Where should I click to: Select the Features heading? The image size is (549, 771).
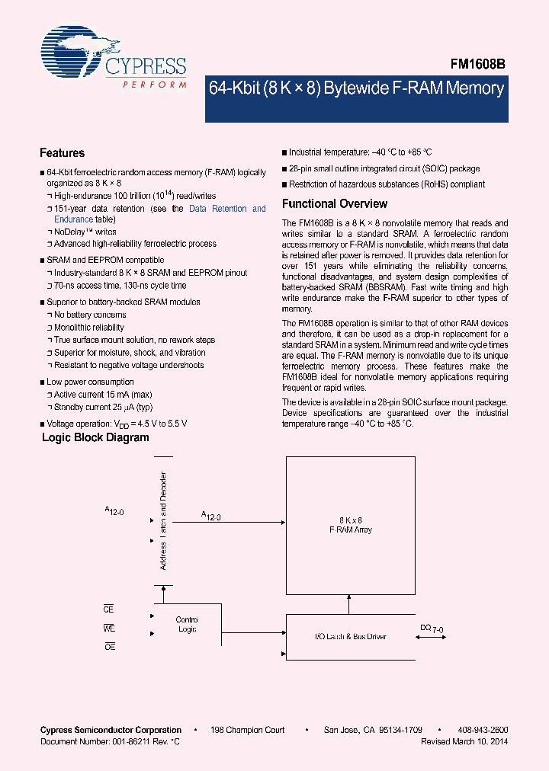click(x=62, y=153)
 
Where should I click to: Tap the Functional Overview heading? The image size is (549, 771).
click(x=335, y=204)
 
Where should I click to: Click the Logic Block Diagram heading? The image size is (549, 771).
click(x=95, y=438)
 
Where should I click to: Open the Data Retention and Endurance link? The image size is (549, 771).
click(x=160, y=214)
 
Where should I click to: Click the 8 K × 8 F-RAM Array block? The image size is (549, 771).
click(x=350, y=525)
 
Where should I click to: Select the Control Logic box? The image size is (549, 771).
click(x=186, y=624)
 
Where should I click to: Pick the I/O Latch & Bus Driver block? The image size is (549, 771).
click(x=350, y=636)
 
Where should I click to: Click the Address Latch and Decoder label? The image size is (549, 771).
click(x=162, y=520)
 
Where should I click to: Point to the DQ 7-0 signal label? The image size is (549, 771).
click(x=431, y=628)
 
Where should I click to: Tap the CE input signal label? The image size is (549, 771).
click(x=108, y=609)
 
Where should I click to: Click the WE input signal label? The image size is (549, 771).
click(x=108, y=628)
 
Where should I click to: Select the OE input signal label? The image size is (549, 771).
click(x=108, y=646)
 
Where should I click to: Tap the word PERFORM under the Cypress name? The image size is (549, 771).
click(x=154, y=85)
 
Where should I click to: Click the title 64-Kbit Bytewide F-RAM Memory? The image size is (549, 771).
click(x=356, y=88)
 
